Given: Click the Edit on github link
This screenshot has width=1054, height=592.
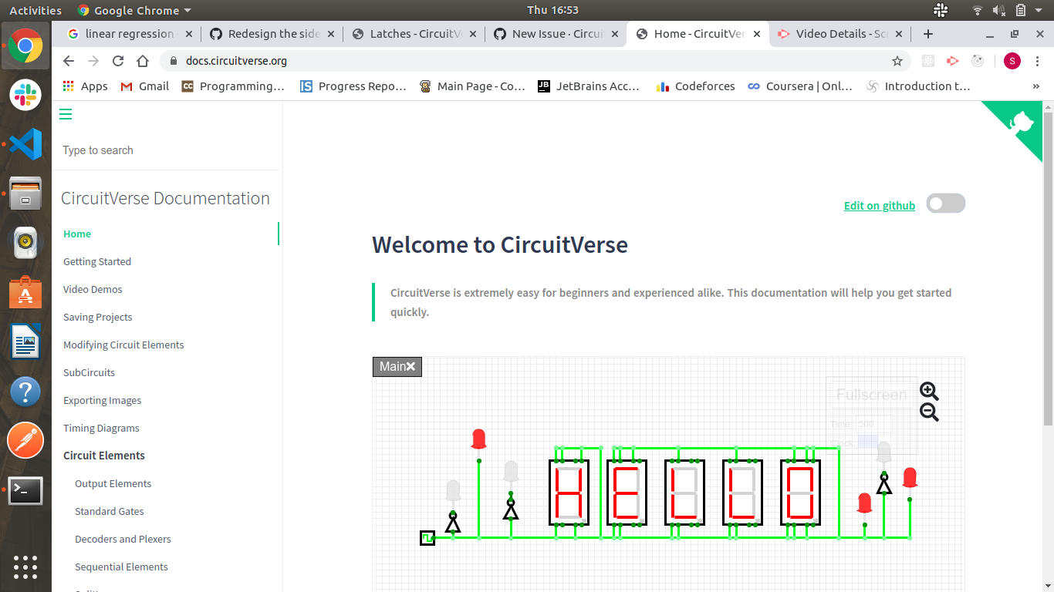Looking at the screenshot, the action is tap(879, 206).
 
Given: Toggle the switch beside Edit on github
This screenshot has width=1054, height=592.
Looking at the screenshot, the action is tap(945, 203).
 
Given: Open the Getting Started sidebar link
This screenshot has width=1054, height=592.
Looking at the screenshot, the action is tap(97, 261).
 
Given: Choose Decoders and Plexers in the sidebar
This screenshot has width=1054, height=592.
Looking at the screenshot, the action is tap(123, 539).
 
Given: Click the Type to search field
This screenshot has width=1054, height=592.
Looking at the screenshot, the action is tap(166, 150).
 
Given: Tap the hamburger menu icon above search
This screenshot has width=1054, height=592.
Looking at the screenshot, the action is tap(66, 114).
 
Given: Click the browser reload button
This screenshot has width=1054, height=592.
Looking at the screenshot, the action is tap(118, 61).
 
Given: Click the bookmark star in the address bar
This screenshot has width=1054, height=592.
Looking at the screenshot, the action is tap(897, 61).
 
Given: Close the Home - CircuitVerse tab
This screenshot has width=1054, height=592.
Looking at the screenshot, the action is tap(757, 34).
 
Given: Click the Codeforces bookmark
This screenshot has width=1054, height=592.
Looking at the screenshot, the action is tap(704, 86).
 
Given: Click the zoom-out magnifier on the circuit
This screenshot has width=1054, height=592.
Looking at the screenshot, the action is tap(929, 412).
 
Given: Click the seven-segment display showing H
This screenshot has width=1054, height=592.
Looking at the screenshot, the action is tap(569, 493).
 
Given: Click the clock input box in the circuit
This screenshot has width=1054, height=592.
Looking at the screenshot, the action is tap(427, 538).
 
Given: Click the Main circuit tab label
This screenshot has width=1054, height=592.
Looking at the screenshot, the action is tap(392, 367).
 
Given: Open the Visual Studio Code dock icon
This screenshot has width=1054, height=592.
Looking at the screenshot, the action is tap(25, 144).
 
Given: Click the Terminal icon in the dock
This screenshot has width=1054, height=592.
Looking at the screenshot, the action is tap(25, 490).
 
